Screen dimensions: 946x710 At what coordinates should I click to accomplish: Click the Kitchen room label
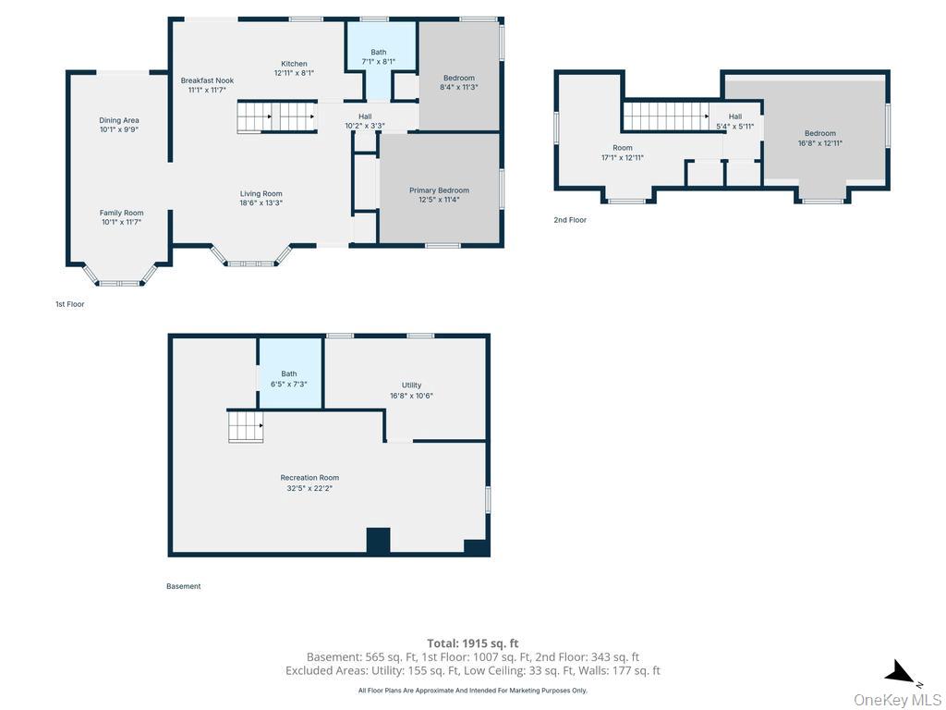pos(294,64)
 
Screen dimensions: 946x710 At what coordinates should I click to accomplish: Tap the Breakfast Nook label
pos(207,80)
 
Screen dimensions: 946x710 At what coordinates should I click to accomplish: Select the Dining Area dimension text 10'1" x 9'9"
pos(119,129)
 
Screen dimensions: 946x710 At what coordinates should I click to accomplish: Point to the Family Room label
pos(121,213)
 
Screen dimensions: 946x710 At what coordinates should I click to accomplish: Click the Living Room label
pos(261,194)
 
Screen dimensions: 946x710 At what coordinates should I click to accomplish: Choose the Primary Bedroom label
pos(439,190)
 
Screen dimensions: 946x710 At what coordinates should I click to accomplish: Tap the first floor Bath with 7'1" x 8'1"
pos(378,56)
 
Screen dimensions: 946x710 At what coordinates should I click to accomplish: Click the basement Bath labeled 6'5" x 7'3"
pos(289,378)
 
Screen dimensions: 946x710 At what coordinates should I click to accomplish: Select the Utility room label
pos(411,386)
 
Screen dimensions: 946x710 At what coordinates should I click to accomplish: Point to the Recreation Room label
pos(309,478)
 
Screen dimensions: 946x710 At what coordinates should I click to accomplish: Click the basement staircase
pos(246,425)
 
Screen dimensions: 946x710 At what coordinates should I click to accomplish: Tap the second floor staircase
pos(665,116)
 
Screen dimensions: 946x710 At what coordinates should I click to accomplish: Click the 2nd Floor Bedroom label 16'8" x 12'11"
pos(820,139)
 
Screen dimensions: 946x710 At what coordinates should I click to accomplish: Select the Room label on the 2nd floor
pos(622,148)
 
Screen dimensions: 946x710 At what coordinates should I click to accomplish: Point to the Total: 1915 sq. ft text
pos(472,643)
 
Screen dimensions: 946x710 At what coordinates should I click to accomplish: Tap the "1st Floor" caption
pos(70,304)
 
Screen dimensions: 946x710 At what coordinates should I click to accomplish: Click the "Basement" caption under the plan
pos(184,586)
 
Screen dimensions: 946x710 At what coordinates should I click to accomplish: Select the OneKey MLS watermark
pos(897,700)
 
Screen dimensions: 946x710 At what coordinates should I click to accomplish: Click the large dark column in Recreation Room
pos(378,540)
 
